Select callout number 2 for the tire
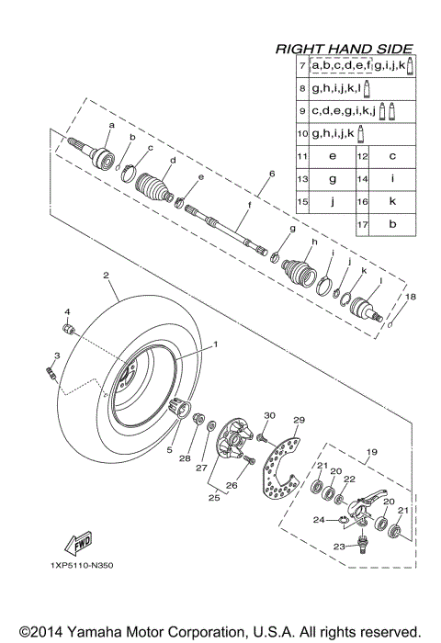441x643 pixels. tap(107, 275)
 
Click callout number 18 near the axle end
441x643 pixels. tap(412, 297)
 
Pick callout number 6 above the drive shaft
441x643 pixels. tap(272, 174)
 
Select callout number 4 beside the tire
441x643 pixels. tap(66, 312)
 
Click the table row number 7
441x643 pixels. tap(302, 67)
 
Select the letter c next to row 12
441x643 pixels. tap(391, 156)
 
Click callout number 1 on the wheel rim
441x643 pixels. tap(216, 344)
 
